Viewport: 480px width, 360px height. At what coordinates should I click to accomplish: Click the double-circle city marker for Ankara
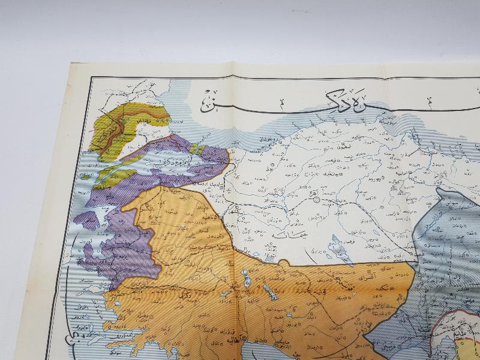tap(316, 202)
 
